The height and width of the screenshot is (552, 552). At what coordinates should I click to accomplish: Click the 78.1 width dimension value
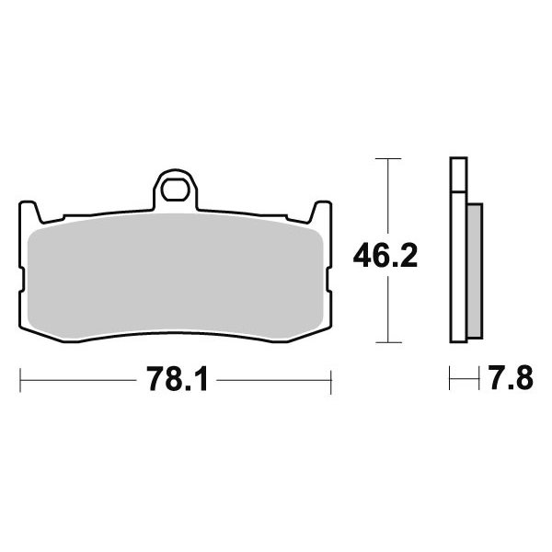178,379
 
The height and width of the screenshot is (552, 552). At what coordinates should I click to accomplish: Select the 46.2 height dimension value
385,256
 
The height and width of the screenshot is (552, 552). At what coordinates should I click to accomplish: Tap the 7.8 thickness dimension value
512,378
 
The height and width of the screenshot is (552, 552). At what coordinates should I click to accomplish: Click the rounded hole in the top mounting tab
175,190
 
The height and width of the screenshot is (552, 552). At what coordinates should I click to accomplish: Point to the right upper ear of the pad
320,212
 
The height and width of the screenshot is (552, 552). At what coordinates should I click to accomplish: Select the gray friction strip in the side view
475,270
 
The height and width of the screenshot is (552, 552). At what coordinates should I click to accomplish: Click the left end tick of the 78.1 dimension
20,380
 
